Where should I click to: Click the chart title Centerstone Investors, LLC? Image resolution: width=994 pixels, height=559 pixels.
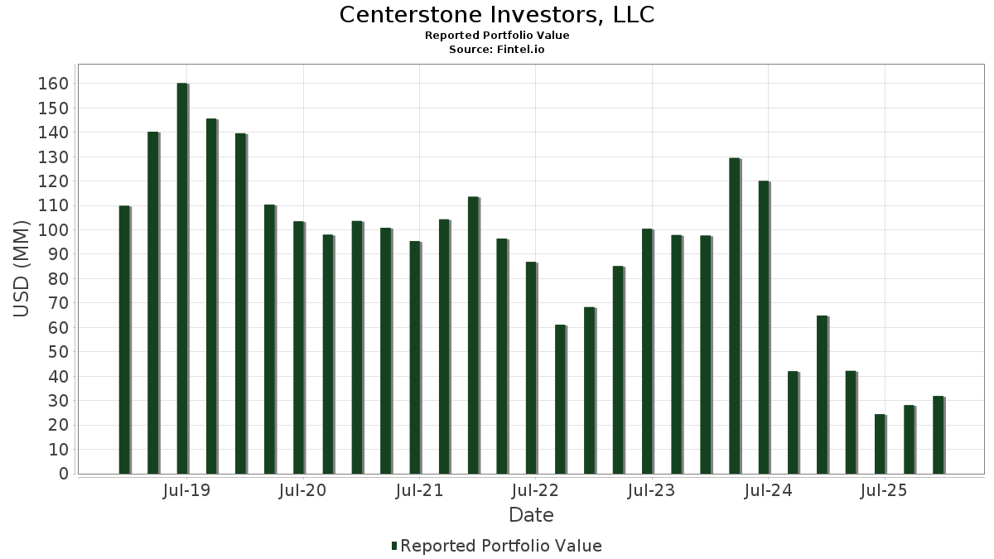497,15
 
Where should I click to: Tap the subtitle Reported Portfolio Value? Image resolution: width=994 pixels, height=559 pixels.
497,36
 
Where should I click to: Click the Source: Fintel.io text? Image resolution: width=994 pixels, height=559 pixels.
497,50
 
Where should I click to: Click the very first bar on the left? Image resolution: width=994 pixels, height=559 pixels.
124,340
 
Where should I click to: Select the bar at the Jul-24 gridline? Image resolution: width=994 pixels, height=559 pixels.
764,327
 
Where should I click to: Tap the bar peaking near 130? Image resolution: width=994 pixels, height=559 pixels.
734,316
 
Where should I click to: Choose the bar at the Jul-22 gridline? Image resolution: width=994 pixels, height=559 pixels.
531,368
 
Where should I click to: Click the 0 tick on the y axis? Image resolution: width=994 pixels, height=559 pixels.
63,474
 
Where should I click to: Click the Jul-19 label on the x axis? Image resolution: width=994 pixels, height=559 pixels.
186,490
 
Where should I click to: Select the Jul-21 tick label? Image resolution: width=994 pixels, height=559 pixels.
419,490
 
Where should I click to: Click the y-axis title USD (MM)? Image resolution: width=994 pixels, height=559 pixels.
22,269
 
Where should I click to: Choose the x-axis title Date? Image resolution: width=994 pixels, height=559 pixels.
531,515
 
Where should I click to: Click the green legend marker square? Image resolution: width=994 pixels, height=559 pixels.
394,546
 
